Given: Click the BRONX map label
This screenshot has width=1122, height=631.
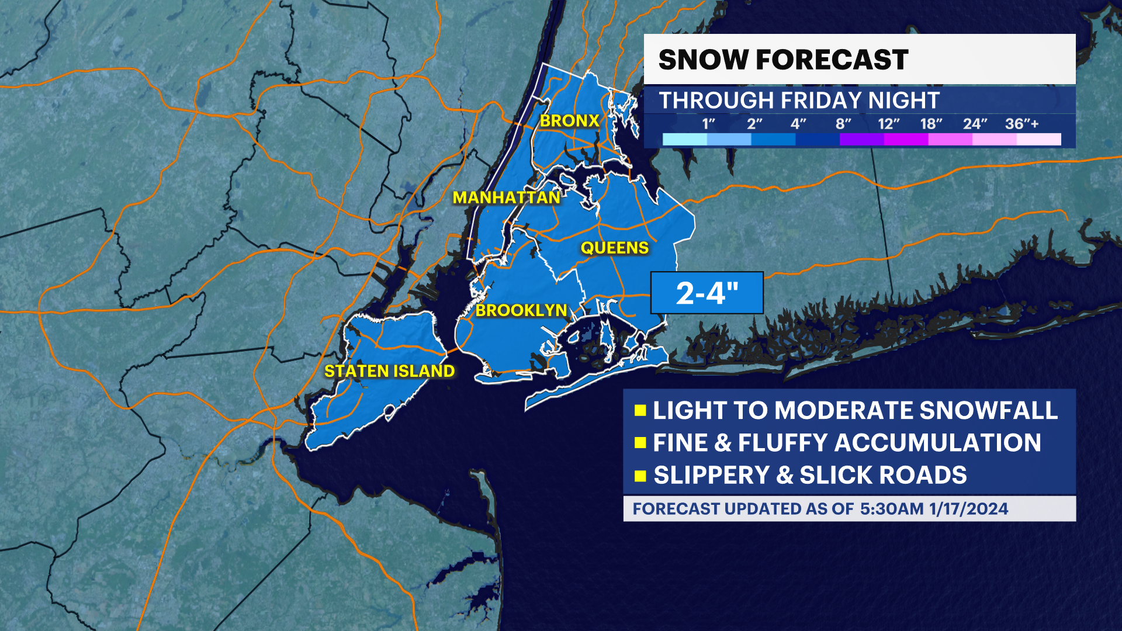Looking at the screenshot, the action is click(x=569, y=121).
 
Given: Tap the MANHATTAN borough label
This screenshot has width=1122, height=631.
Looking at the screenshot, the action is click(x=507, y=198).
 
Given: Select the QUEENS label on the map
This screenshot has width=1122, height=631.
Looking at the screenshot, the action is click(x=614, y=248).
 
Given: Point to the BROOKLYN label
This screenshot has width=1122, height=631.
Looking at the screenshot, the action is click(x=521, y=310).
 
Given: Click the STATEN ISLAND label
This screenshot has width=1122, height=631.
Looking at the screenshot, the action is click(x=389, y=371).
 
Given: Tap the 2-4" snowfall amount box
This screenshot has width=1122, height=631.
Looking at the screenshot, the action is click(x=707, y=293).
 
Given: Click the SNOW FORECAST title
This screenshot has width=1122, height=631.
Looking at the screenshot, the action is click(x=783, y=60).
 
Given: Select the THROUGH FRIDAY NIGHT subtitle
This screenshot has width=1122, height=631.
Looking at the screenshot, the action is click(x=799, y=100).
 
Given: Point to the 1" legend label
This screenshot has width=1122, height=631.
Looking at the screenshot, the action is click(x=708, y=124).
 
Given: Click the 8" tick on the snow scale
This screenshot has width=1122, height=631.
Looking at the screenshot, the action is click(x=843, y=124).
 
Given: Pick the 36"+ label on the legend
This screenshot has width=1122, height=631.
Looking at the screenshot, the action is click(x=1021, y=124).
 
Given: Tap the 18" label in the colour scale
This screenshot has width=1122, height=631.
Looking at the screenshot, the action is click(x=931, y=124).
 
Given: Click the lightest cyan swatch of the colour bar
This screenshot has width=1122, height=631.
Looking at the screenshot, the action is click(x=685, y=139).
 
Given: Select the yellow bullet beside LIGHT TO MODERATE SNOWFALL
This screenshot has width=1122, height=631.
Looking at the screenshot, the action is click(x=640, y=410).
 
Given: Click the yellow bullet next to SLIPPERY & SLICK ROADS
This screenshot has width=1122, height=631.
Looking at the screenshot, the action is click(x=640, y=476).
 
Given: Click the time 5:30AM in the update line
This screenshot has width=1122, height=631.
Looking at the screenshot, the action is click(x=892, y=509).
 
